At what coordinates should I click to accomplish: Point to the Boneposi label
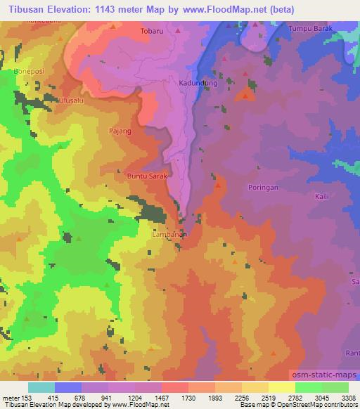tap(29, 72)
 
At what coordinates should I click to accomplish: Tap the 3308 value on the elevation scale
tap(347, 396)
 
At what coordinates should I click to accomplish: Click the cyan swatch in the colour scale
tap(41, 387)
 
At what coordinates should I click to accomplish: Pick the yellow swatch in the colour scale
tap(281, 387)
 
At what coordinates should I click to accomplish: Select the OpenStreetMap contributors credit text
tap(313, 405)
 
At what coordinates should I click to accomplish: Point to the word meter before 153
tap(10, 396)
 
